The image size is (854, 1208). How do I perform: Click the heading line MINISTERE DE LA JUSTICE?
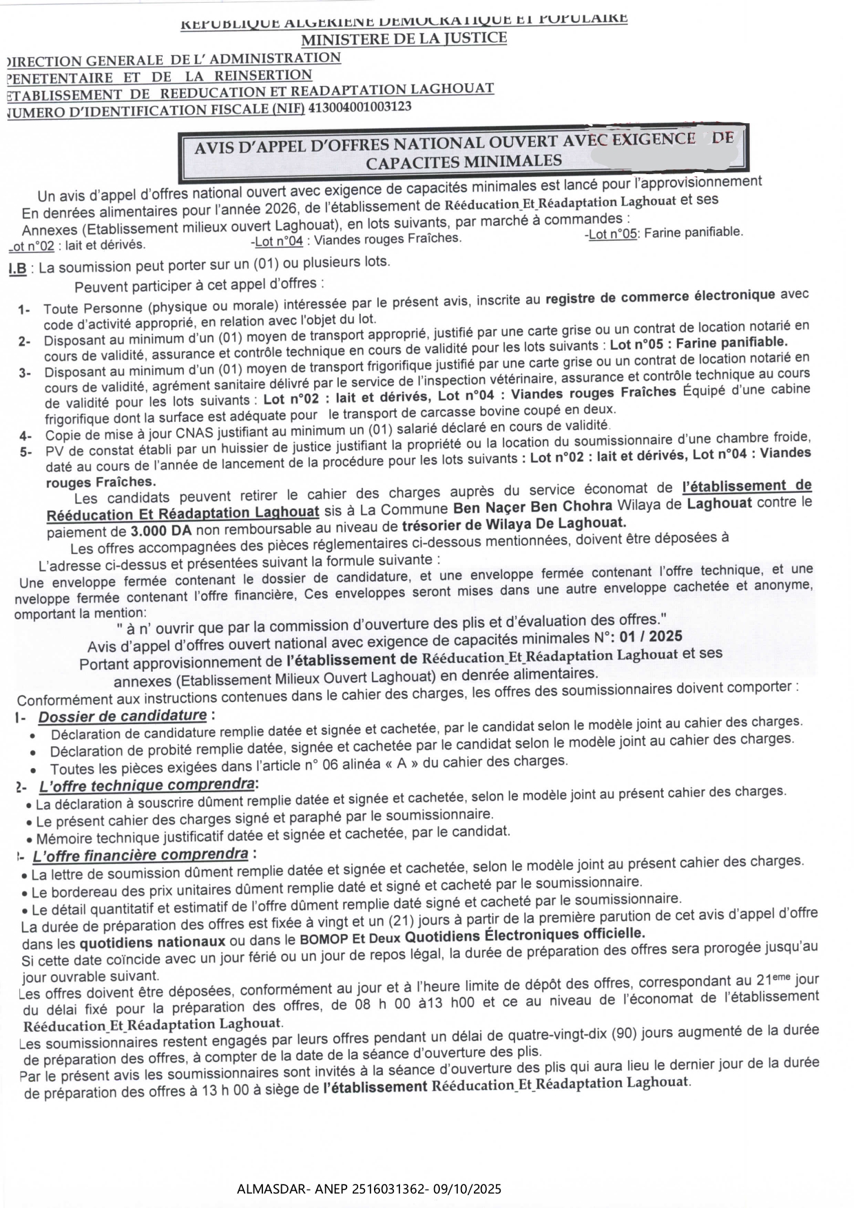(404, 39)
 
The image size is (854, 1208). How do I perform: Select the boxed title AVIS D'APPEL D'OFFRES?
(464, 150)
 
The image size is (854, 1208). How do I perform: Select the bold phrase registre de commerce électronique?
(660, 297)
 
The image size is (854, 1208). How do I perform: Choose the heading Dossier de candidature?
(123, 716)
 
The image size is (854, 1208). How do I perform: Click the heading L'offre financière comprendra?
(140, 856)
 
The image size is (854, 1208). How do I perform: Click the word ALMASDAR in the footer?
(267, 1189)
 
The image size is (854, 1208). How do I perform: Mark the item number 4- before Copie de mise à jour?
(25, 436)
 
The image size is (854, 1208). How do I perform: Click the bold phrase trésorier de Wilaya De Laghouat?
(514, 524)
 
